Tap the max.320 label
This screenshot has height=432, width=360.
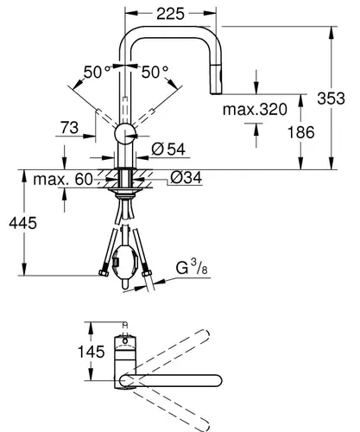tap(256, 110)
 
